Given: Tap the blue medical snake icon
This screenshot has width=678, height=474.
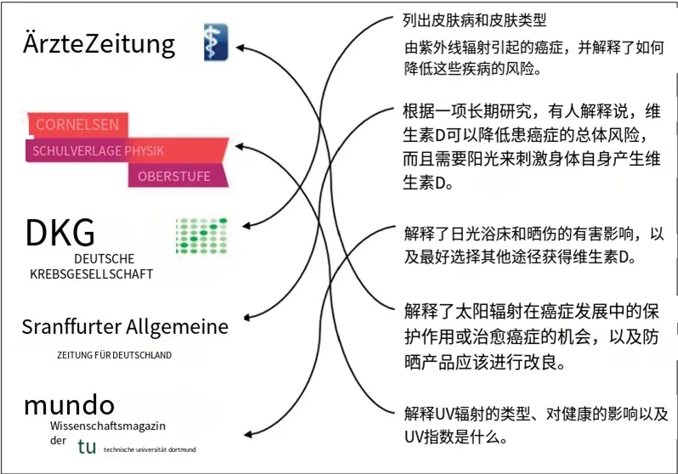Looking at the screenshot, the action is (x=215, y=43).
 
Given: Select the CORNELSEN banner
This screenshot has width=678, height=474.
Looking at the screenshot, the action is (x=77, y=125).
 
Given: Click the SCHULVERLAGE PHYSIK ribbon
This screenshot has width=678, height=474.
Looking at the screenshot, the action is (x=98, y=151).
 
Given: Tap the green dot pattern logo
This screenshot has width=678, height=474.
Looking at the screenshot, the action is (x=201, y=235).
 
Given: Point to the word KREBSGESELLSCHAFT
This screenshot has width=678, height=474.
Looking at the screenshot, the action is (x=92, y=274).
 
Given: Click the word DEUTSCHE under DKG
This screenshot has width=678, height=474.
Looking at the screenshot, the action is (x=104, y=258).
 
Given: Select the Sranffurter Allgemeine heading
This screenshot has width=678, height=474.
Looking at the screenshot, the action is (x=125, y=327).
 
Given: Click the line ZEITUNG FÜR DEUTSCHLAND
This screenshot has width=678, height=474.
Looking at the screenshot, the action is (x=114, y=355).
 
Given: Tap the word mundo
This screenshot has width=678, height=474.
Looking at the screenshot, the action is (x=69, y=403).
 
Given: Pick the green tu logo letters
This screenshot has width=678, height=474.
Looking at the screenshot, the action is (x=86, y=446).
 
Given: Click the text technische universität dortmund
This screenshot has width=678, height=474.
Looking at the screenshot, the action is (x=150, y=449).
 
